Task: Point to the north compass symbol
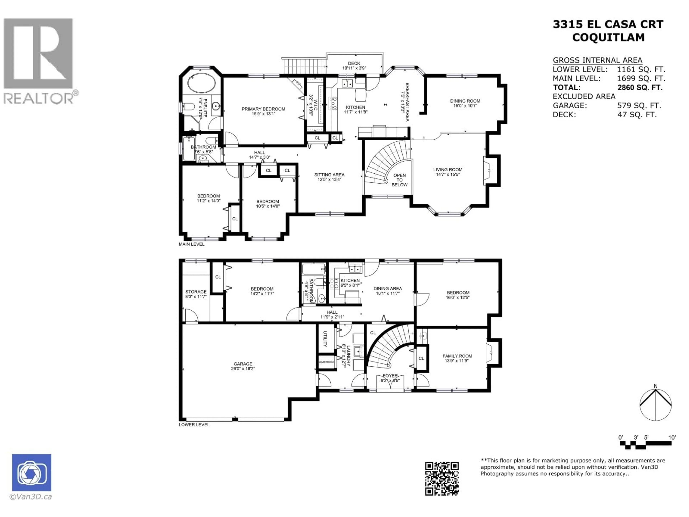pos(655,404)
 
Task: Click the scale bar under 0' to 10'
pos(645,445)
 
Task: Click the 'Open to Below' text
pos(399,180)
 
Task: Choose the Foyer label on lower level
pos(390,376)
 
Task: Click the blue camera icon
pos(31,472)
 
